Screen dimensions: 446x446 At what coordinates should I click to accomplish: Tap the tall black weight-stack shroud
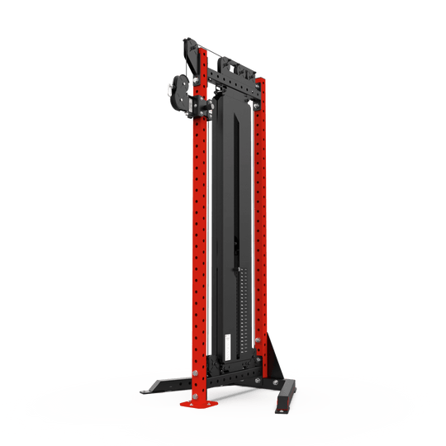pyautogui.click(x=223, y=231)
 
